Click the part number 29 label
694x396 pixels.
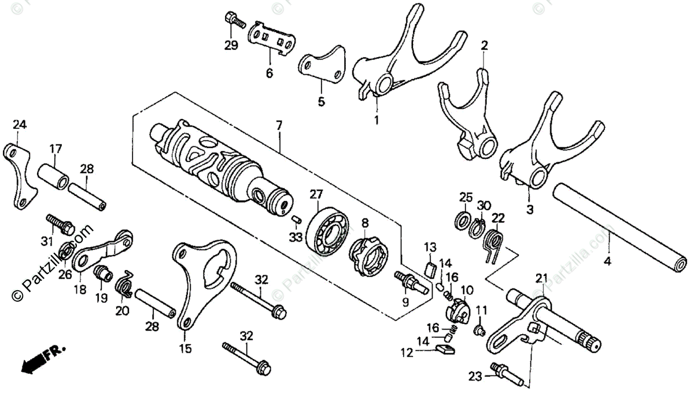point(231,46)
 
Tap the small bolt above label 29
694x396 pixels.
point(232,20)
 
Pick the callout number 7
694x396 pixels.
point(279,125)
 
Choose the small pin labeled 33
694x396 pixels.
point(295,219)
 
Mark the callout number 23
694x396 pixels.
point(474,379)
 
